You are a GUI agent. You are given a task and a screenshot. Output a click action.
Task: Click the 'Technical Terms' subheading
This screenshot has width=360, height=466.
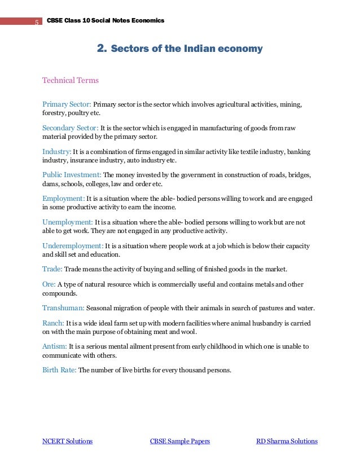[x=71, y=80]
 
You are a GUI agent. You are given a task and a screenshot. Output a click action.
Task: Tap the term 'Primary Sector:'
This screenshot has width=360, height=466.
[x=67, y=104]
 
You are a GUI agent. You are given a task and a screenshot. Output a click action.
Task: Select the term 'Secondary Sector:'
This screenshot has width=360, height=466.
[x=71, y=128]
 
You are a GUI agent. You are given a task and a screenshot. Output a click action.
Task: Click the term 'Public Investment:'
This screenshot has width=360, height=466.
[x=72, y=175]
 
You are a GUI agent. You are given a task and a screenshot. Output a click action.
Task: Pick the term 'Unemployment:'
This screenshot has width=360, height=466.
[x=68, y=222]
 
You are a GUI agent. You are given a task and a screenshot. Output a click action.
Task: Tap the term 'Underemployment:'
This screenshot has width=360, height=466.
[x=73, y=246]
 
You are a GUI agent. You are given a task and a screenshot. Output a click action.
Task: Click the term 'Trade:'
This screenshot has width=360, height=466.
[x=52, y=269]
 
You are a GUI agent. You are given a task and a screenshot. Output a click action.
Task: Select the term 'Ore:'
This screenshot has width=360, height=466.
[x=49, y=284]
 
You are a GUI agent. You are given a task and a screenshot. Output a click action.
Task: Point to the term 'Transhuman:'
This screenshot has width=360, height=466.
[x=64, y=308]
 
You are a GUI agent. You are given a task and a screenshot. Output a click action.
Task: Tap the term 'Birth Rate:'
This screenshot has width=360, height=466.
[x=59, y=370]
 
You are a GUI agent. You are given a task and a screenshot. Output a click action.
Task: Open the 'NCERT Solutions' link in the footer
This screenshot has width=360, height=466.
[x=67, y=441]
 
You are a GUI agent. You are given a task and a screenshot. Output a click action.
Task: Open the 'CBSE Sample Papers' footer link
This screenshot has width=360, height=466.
[x=179, y=441]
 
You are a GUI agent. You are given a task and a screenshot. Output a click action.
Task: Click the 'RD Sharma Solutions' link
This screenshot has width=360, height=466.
[x=287, y=441]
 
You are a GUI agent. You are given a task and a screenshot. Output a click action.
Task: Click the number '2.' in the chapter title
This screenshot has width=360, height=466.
[x=103, y=49]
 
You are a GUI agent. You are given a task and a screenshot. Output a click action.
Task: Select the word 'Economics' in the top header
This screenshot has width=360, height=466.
[x=147, y=21]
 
